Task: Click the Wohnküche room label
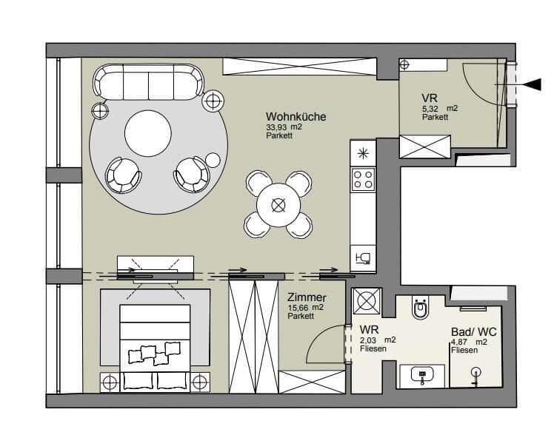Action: [x=296, y=117]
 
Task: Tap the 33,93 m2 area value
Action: [x=284, y=127]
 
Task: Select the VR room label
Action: [x=430, y=98]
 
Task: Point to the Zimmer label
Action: [x=307, y=297]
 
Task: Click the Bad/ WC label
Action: [x=474, y=332]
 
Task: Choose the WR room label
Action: [x=370, y=330]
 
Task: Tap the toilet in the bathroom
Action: [x=421, y=308]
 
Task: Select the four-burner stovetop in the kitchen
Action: [x=363, y=179]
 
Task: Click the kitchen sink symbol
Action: [x=363, y=259]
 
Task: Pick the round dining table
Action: [x=278, y=205]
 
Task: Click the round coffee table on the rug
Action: [x=148, y=133]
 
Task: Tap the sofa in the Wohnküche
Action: [x=148, y=83]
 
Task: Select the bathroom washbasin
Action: [x=422, y=375]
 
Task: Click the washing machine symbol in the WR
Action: [x=367, y=301]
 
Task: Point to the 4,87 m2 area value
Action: [x=469, y=342]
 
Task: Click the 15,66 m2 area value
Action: [x=306, y=308]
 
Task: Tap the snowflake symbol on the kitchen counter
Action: [x=363, y=154]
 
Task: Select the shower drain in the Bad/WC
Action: [x=476, y=372]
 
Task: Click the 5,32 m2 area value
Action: [x=440, y=109]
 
